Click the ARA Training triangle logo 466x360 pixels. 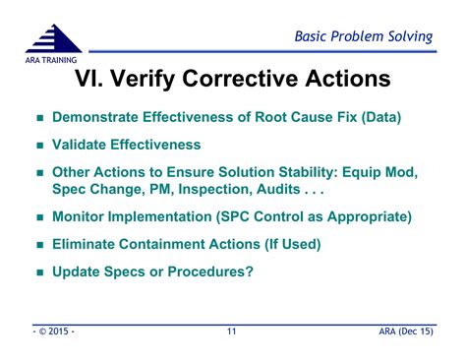(54, 41)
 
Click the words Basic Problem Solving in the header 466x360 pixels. (364, 36)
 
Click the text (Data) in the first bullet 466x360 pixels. (379, 117)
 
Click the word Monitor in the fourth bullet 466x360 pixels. (82, 216)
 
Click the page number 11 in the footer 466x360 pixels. (232, 332)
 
